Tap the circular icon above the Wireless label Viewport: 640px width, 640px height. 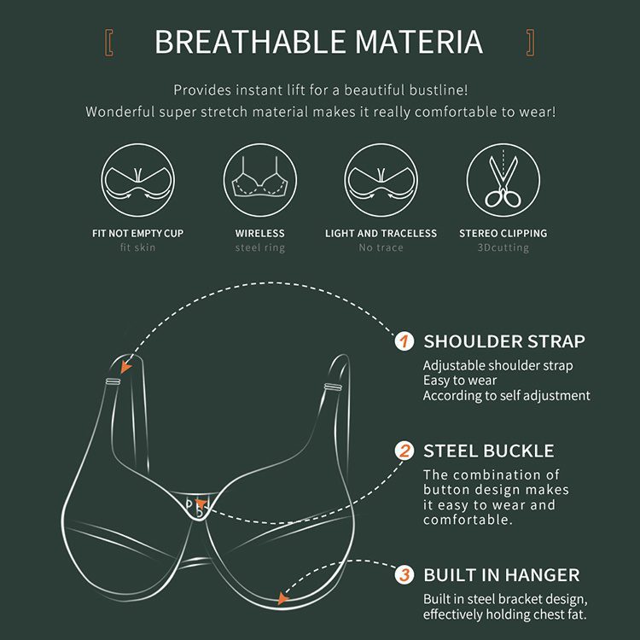[x=260, y=180]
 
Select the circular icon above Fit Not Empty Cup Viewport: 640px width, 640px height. [x=138, y=180]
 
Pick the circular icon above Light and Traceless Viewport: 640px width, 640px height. [x=381, y=180]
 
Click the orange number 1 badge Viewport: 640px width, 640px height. [x=404, y=341]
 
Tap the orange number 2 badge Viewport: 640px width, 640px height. [x=404, y=451]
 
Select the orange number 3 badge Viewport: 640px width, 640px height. [x=404, y=574]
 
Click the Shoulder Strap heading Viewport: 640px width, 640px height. [x=504, y=341]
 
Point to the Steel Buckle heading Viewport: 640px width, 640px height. [x=489, y=451]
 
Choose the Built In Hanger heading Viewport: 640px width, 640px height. [x=502, y=575]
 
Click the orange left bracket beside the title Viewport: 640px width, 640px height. [x=109, y=43]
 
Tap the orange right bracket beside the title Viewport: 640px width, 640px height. [x=530, y=43]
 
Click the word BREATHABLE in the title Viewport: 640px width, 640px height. [x=250, y=42]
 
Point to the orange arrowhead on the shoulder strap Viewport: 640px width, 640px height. [x=125, y=366]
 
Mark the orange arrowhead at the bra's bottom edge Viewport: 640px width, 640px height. [x=282, y=598]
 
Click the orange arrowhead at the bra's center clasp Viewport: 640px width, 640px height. [x=200, y=503]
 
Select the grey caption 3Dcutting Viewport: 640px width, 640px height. [x=503, y=247]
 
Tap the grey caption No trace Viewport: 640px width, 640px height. [x=381, y=247]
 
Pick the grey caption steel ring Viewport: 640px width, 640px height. [x=260, y=247]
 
